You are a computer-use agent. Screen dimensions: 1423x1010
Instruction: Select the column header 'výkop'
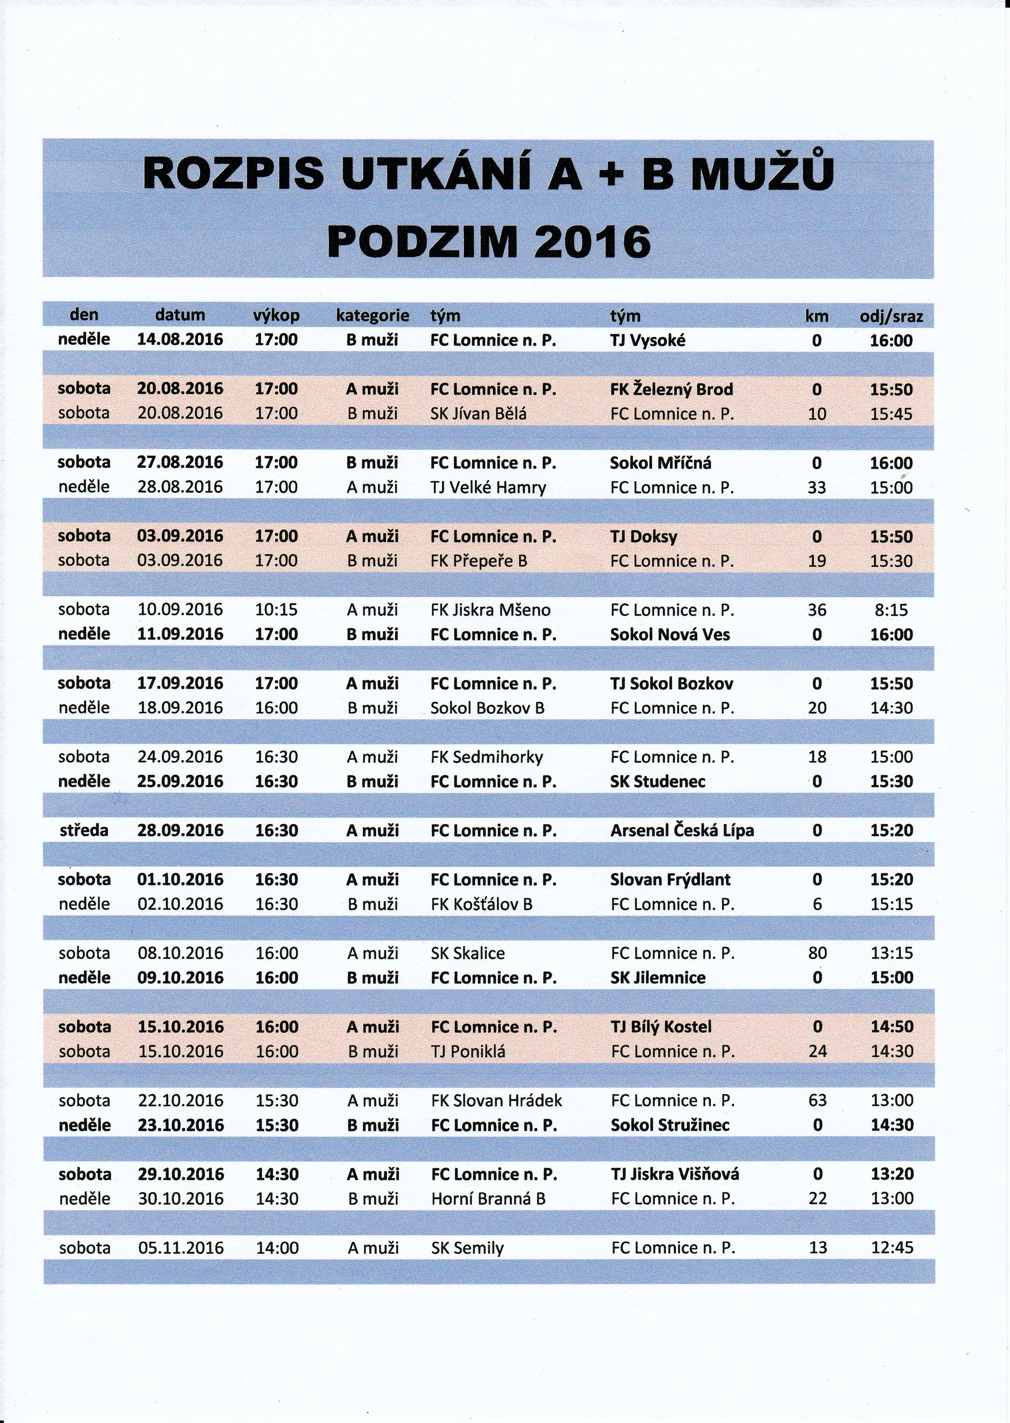coord(276,316)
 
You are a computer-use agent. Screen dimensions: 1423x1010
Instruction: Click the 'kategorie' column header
coord(373,316)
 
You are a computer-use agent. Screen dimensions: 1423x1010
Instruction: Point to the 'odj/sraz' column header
coord(891,316)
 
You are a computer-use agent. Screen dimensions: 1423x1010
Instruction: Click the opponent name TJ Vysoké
coord(648,340)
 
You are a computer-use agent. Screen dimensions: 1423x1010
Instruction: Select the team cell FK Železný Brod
coord(672,389)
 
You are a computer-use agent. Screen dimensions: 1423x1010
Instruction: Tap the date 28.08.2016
coord(180,487)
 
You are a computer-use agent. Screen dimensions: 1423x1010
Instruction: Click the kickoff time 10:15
coord(276,610)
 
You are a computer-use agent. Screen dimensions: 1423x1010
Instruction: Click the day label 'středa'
coord(84,830)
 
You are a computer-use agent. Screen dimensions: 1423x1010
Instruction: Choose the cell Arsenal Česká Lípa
coord(682,830)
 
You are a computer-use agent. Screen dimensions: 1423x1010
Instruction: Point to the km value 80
coord(817,953)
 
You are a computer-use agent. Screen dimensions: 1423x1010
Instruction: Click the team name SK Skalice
coord(468,953)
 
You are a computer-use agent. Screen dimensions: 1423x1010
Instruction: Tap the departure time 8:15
coord(892,610)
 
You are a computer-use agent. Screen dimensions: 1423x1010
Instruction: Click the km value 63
coord(817,1101)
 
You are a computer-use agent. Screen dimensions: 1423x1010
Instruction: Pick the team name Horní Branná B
coord(488,1199)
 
